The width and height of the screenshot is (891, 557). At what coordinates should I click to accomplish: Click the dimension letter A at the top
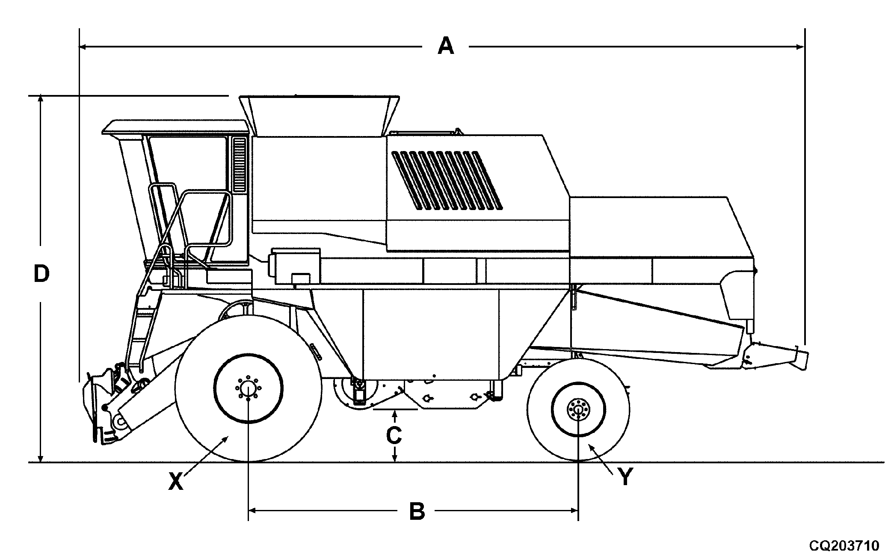click(445, 46)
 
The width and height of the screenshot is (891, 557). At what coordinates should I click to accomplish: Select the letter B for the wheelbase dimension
click(417, 511)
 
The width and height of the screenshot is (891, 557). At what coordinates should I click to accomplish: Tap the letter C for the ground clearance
click(394, 436)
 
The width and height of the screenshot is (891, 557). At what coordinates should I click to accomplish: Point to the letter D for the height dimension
click(41, 274)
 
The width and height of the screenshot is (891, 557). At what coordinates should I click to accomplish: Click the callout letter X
click(175, 482)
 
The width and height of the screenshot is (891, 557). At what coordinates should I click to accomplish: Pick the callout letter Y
click(626, 477)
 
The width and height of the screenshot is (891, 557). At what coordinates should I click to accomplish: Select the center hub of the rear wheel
click(578, 409)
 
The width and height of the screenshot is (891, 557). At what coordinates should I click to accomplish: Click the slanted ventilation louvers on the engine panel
click(447, 180)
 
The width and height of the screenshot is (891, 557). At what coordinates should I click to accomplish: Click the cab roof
click(175, 127)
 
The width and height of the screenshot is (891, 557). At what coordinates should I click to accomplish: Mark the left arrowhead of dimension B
click(252, 510)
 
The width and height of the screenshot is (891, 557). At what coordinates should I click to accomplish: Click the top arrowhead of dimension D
click(41, 99)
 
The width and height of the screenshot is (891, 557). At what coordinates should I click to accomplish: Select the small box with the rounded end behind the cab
click(294, 266)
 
